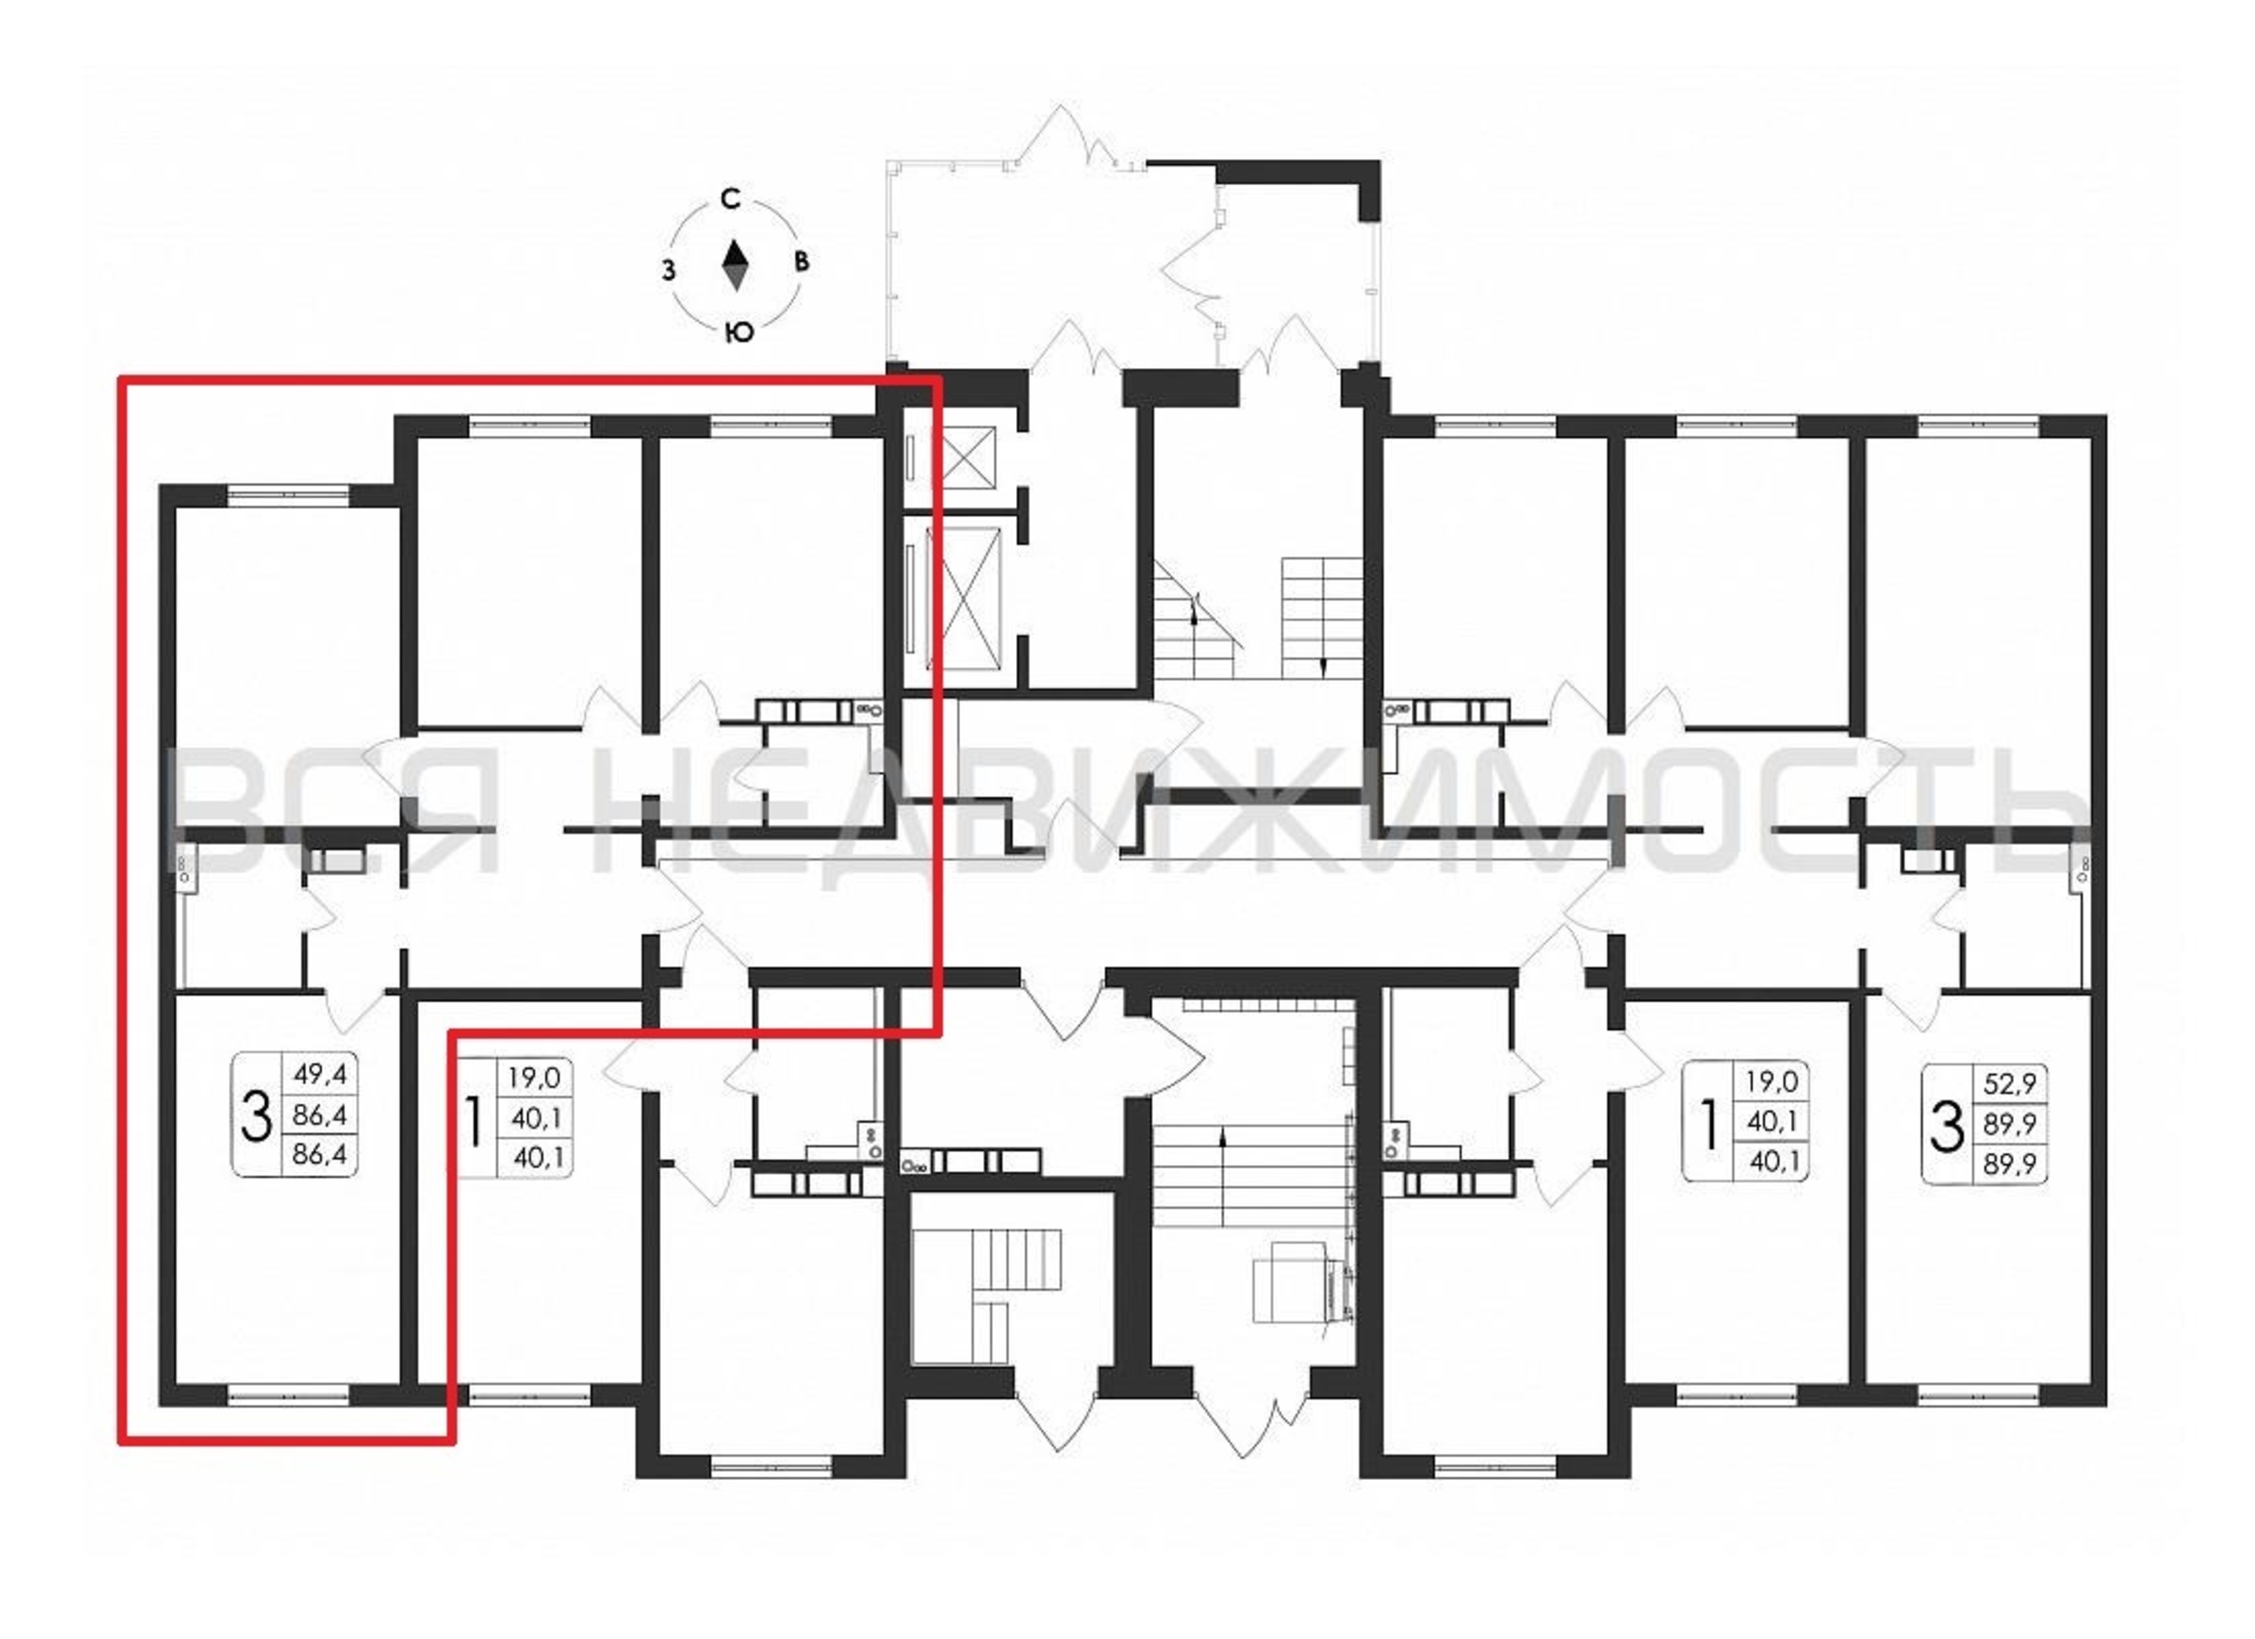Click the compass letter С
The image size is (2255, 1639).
(730, 200)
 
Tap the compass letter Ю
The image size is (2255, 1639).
(736, 332)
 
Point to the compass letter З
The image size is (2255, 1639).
(669, 270)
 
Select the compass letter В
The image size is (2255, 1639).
(801, 262)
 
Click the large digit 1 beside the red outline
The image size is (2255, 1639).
(476, 1119)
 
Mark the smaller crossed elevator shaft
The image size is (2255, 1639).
(968, 458)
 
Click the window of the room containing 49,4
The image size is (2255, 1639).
(289, 1396)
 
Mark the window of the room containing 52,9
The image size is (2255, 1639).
(1979, 1396)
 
